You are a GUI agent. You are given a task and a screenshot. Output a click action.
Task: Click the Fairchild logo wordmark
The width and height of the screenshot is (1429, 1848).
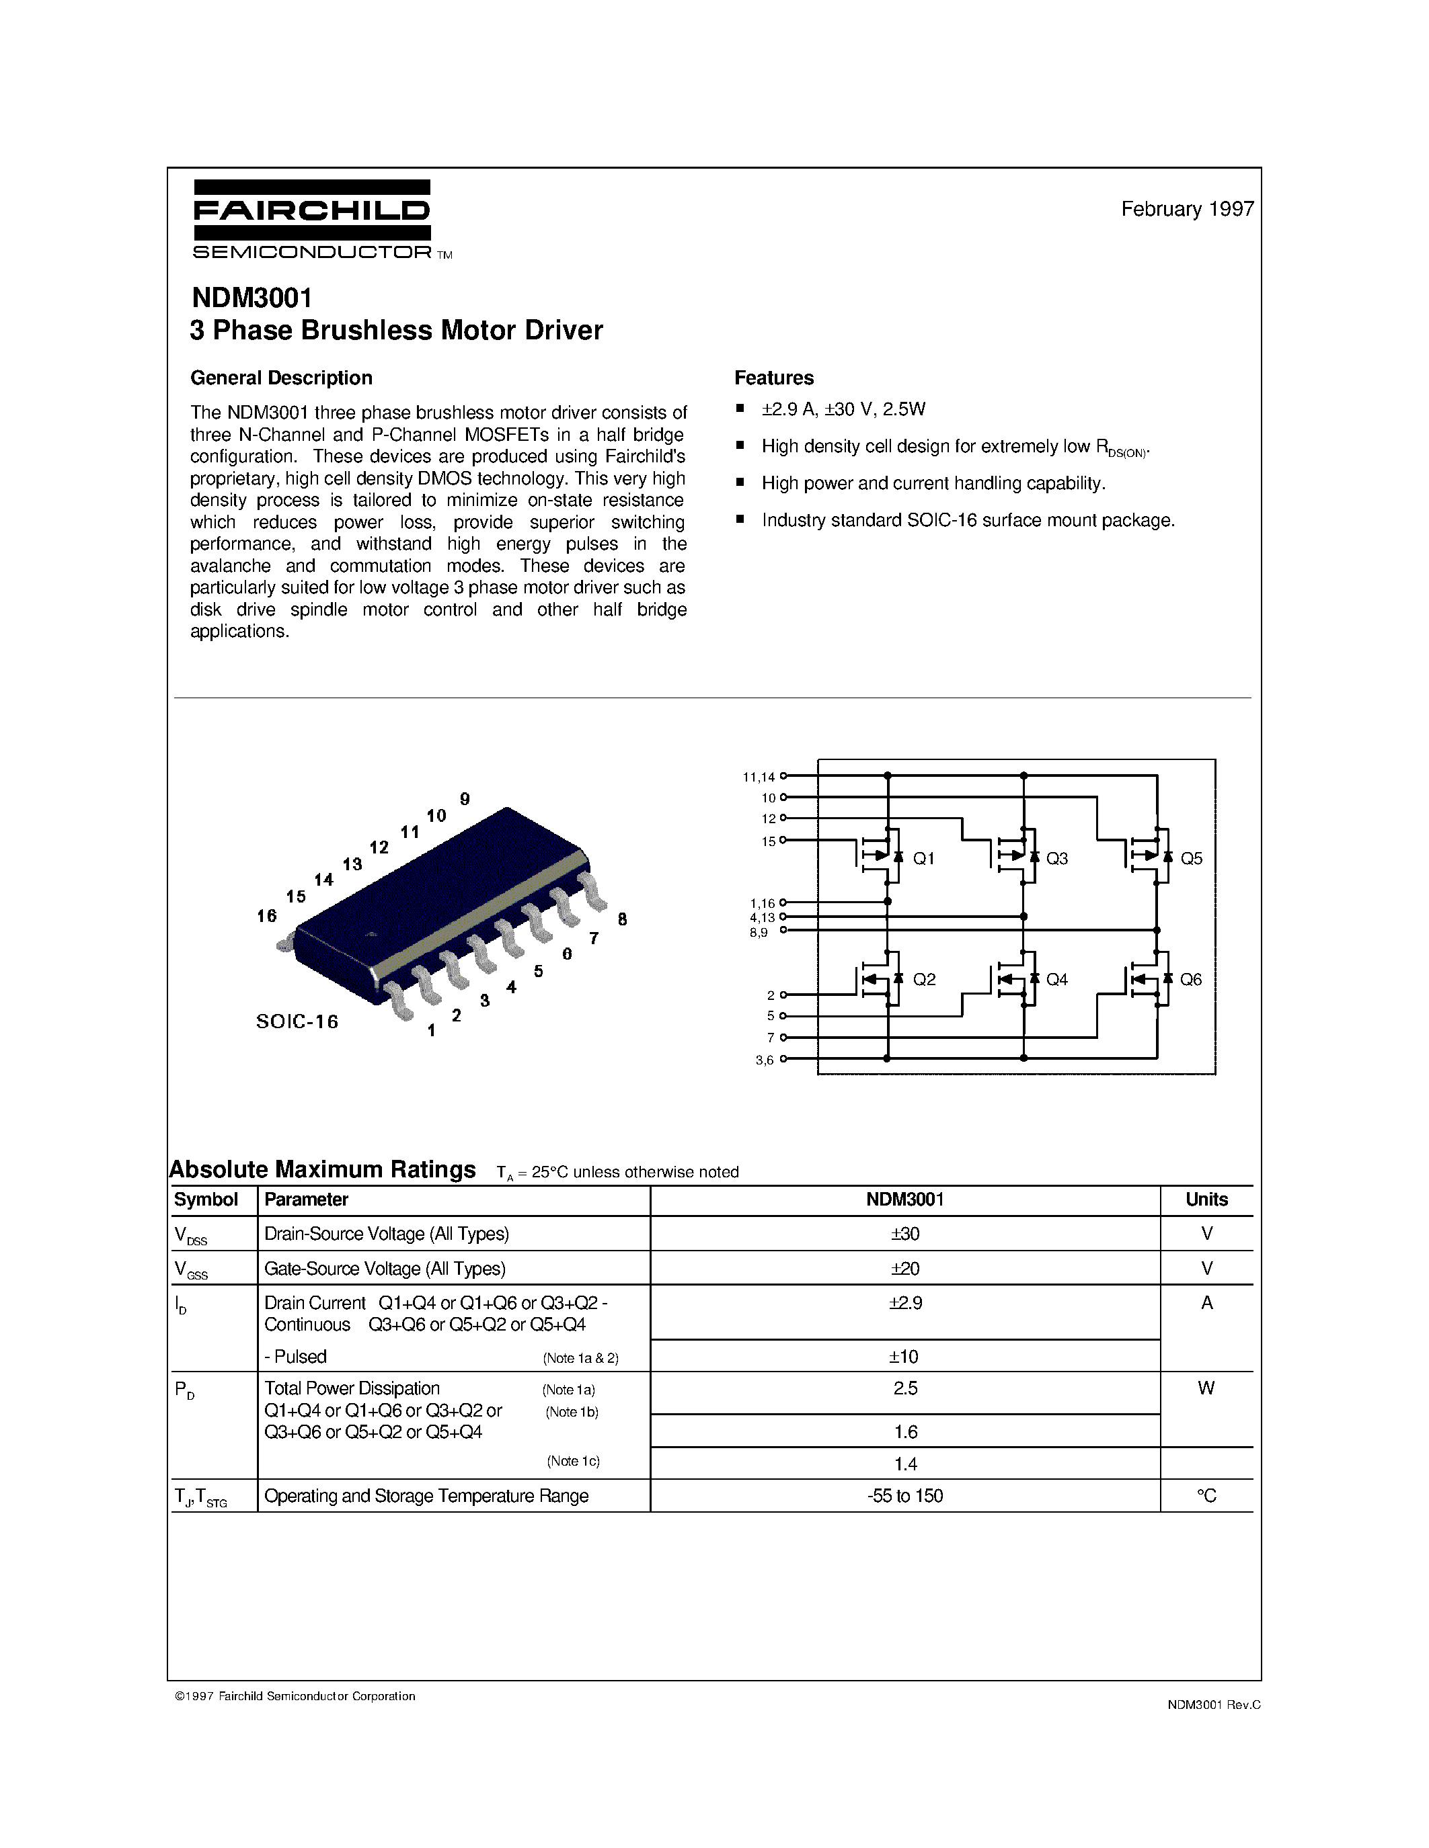click(x=311, y=211)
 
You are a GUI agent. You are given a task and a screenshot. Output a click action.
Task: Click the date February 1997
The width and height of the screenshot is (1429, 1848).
click(x=1187, y=209)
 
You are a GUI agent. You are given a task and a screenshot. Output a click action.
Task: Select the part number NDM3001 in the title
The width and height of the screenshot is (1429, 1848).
click(x=252, y=298)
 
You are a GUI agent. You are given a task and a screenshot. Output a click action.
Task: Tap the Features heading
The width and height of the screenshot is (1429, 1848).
click(x=774, y=378)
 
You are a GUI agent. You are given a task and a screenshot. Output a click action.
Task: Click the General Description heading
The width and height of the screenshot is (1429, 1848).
click(x=281, y=378)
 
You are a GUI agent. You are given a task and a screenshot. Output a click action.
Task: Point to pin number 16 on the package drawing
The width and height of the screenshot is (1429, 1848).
click(x=267, y=915)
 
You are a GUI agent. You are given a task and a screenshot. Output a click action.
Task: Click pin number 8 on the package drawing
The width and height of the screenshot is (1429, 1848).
click(x=622, y=919)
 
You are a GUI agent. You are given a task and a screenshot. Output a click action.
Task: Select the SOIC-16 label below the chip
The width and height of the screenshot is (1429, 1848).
click(x=297, y=1022)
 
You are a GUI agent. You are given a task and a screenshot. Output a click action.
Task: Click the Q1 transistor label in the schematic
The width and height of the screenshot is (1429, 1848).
click(x=923, y=859)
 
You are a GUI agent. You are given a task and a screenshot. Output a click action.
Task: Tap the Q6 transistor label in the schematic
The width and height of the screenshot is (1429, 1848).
click(x=1190, y=980)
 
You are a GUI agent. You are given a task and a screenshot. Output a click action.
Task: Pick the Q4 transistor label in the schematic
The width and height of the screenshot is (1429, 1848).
click(x=1056, y=980)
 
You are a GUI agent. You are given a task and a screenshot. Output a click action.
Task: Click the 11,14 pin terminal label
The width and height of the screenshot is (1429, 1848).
click(x=759, y=777)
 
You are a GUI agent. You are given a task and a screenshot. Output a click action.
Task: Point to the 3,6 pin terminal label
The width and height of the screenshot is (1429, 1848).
click(x=765, y=1060)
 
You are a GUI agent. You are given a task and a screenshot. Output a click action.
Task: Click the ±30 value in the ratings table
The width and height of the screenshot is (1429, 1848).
click(x=905, y=1234)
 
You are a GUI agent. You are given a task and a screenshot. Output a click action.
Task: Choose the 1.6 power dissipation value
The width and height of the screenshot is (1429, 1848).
click(x=905, y=1431)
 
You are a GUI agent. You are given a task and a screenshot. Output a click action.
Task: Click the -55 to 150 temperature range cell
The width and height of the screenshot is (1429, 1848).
click(x=905, y=1496)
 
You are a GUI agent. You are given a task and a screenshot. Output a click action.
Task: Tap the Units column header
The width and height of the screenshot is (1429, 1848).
click(x=1206, y=1200)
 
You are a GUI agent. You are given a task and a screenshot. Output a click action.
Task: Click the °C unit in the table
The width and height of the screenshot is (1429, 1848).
click(x=1206, y=1496)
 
